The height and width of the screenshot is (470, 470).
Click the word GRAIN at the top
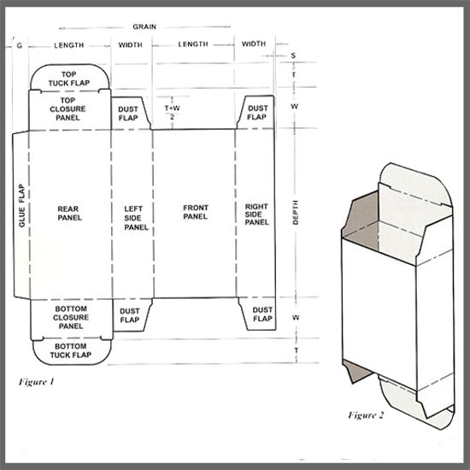point(144,26)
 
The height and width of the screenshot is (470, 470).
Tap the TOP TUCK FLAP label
point(69,79)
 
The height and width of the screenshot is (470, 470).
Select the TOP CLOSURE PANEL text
point(68,109)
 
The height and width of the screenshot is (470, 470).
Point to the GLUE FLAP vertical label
point(22,206)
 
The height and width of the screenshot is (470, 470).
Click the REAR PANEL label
point(69,213)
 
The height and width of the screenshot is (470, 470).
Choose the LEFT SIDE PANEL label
point(136,218)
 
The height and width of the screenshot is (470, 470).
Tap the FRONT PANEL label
point(196,212)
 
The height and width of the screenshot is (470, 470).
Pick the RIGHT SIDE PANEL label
point(257,214)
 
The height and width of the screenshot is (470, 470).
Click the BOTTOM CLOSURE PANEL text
point(71,317)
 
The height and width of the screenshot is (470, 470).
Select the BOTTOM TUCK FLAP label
point(70,350)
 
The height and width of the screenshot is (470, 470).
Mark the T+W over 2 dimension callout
point(173,112)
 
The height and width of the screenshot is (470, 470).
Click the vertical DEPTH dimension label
point(296,213)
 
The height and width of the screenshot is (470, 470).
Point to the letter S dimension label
point(293,56)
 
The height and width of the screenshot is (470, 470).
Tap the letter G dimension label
point(20,45)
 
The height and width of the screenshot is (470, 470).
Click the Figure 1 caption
point(36,382)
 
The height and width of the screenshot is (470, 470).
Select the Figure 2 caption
point(366,415)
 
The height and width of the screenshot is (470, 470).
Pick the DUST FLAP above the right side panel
point(257,113)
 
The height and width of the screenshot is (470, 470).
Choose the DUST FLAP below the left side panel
point(130,315)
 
